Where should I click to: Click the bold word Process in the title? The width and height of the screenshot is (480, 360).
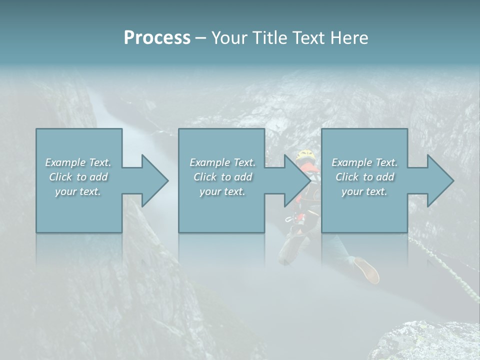pos(157,38)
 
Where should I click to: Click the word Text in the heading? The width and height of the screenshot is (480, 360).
pos(309,38)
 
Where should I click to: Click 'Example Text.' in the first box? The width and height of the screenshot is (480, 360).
pos(78,162)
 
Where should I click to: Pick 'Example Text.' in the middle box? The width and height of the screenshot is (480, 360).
pos(222,162)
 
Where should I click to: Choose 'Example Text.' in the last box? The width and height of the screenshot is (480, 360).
pos(364,162)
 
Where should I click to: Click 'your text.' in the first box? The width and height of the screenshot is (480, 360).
pos(78,191)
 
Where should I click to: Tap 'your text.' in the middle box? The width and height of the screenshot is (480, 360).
pos(222,191)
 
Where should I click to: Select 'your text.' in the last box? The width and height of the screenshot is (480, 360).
pos(364,191)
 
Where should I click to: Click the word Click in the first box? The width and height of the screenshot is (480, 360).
pos(60,177)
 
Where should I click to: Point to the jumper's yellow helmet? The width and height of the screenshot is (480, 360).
pos(305,154)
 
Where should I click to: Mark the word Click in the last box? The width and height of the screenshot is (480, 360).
pos(347,177)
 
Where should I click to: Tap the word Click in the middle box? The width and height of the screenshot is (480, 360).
pos(205,177)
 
